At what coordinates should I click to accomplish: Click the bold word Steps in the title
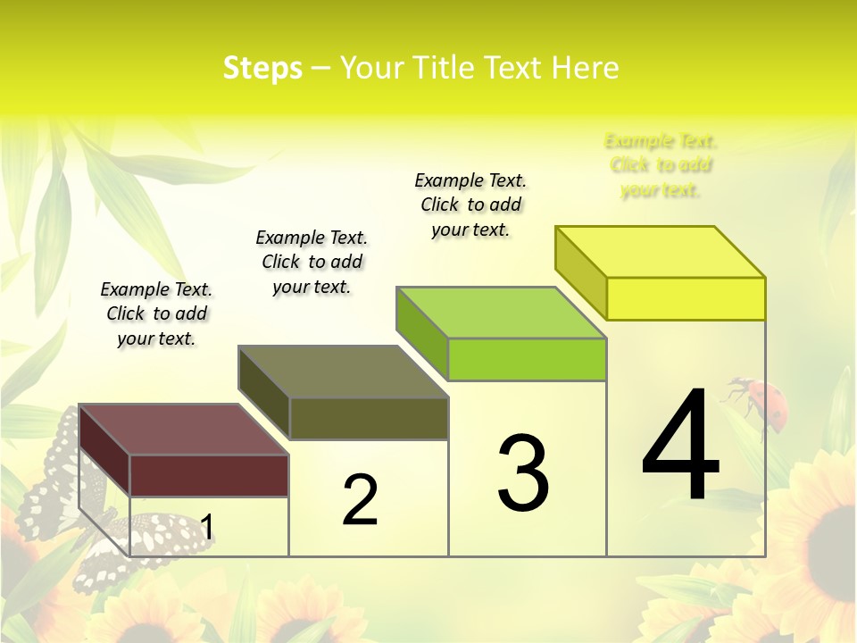(x=262, y=68)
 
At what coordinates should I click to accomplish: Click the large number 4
(x=680, y=446)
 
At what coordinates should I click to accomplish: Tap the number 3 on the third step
(x=523, y=473)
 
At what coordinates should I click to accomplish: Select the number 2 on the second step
(x=360, y=500)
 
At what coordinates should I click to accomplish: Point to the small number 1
(x=206, y=527)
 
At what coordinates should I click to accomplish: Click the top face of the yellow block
(x=661, y=252)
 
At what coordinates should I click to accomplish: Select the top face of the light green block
(x=502, y=313)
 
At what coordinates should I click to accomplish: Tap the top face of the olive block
(x=343, y=372)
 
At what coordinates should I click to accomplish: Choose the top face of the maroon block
(x=184, y=430)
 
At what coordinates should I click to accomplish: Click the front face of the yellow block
(x=686, y=298)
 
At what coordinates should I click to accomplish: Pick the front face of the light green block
(x=527, y=359)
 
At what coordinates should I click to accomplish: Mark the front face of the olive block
(x=368, y=418)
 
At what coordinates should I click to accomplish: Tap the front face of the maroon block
(x=209, y=475)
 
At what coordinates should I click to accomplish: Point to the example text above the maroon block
(x=156, y=313)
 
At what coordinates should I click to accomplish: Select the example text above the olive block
(x=312, y=262)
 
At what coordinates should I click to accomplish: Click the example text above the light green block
(x=470, y=205)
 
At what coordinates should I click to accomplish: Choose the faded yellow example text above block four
(x=661, y=165)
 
